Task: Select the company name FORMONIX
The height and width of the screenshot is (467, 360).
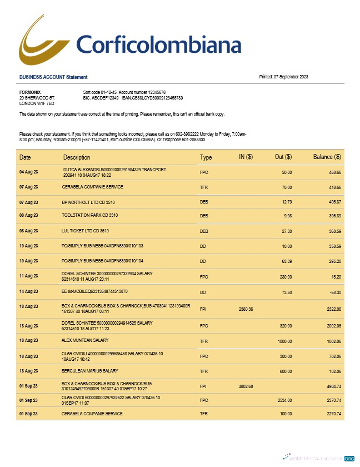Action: coord(30,92)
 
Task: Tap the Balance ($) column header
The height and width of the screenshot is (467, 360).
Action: coord(327,157)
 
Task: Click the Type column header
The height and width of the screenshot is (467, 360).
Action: coord(206,157)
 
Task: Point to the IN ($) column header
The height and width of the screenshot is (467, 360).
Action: coord(246,157)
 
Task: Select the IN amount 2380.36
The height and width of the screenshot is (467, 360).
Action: coord(246,309)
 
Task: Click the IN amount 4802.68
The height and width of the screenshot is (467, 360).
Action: coord(246,386)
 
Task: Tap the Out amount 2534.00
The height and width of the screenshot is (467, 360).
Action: coord(283,400)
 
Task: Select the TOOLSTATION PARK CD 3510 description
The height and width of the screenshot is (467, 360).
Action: coord(89,215)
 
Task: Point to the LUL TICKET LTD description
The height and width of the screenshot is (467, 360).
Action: coord(85,230)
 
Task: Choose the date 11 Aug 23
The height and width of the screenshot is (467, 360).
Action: coord(29,276)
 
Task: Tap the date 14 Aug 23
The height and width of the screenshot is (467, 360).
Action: coord(29,291)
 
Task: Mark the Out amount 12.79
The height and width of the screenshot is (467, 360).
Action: coord(287,201)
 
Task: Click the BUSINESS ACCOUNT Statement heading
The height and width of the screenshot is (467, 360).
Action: coord(53,77)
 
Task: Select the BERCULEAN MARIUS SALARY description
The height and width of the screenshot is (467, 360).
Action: coord(90,371)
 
